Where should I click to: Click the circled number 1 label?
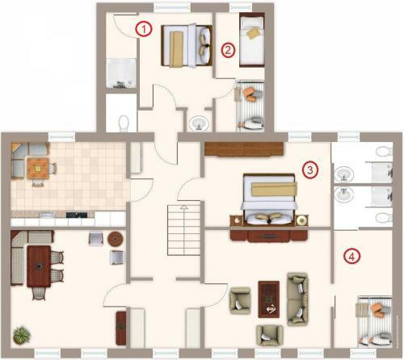(144, 29)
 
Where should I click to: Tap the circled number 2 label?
(228, 50)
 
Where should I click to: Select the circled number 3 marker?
(309, 170)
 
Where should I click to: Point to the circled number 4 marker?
(351, 257)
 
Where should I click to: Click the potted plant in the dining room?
(22, 334)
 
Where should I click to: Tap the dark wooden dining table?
(39, 266)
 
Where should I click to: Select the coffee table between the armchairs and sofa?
(269, 299)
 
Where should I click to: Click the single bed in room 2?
(252, 40)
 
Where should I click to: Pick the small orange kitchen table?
(38, 168)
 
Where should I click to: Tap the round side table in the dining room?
(116, 238)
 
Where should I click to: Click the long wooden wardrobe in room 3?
(244, 149)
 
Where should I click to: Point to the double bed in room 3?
(269, 199)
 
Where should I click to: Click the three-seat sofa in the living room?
(297, 299)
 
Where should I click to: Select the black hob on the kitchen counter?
(77, 215)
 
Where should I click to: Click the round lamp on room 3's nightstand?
(301, 220)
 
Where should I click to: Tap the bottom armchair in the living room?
(270, 335)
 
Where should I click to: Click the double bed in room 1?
(187, 45)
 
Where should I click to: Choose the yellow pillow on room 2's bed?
(254, 33)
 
